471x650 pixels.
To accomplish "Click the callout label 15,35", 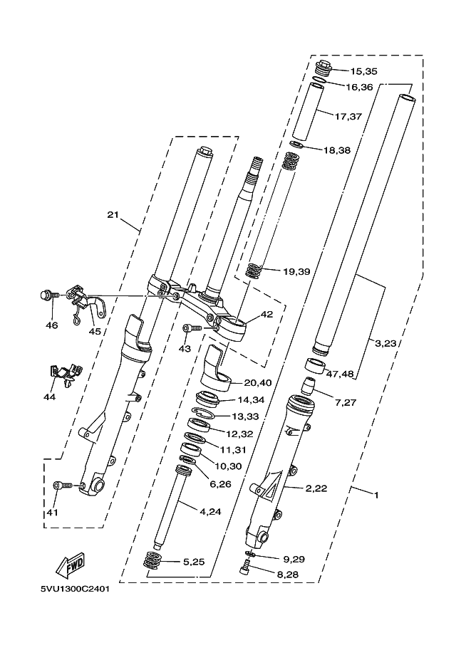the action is (x=363, y=71).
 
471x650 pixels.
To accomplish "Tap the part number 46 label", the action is (x=51, y=325).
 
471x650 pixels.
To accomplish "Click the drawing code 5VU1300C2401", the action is (x=75, y=589).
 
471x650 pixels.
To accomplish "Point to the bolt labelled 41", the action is (x=63, y=485).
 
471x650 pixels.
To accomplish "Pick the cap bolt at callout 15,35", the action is (x=324, y=68).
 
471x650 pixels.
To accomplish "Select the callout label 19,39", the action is (x=296, y=271).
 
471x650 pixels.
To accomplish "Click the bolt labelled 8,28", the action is (x=246, y=567).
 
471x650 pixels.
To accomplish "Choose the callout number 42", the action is (x=267, y=314).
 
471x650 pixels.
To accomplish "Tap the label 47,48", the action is (x=340, y=374).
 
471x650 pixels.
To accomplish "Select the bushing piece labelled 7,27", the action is (x=309, y=386).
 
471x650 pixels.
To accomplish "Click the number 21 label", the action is (x=113, y=215).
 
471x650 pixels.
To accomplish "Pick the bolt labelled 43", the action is (x=192, y=328).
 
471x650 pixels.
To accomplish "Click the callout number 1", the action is (x=376, y=495).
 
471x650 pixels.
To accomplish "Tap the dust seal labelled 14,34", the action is (x=207, y=399).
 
